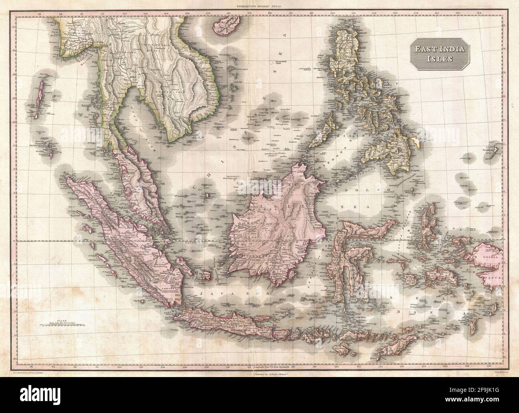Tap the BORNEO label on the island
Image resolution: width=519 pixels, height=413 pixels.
tap(263, 242)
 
